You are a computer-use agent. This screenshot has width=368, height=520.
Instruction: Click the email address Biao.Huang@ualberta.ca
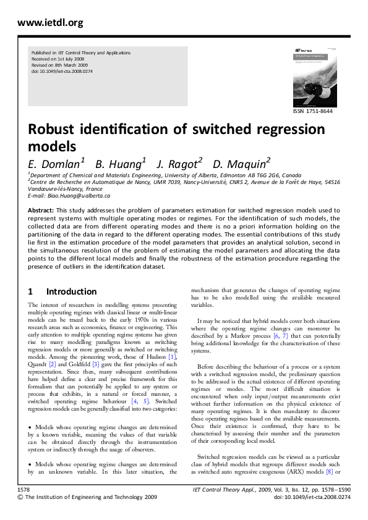(x=79, y=196)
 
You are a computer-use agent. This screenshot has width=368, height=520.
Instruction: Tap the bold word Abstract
(x=41, y=211)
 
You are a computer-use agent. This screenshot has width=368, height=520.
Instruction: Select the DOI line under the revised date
(x=61, y=72)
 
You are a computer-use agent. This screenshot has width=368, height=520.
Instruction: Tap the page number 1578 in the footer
(x=25, y=489)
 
